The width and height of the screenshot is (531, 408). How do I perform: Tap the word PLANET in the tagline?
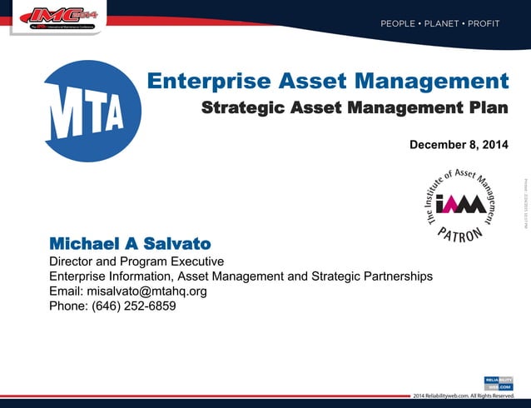(x=440, y=24)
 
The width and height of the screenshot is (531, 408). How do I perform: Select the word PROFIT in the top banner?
(x=484, y=24)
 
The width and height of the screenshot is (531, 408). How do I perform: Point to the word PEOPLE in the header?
(x=398, y=24)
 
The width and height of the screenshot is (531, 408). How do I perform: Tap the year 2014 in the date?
(x=491, y=146)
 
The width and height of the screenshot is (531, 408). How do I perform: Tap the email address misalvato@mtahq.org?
(x=146, y=291)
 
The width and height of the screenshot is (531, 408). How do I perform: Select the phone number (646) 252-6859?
(x=133, y=306)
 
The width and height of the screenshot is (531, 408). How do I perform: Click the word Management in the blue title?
(x=433, y=81)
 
